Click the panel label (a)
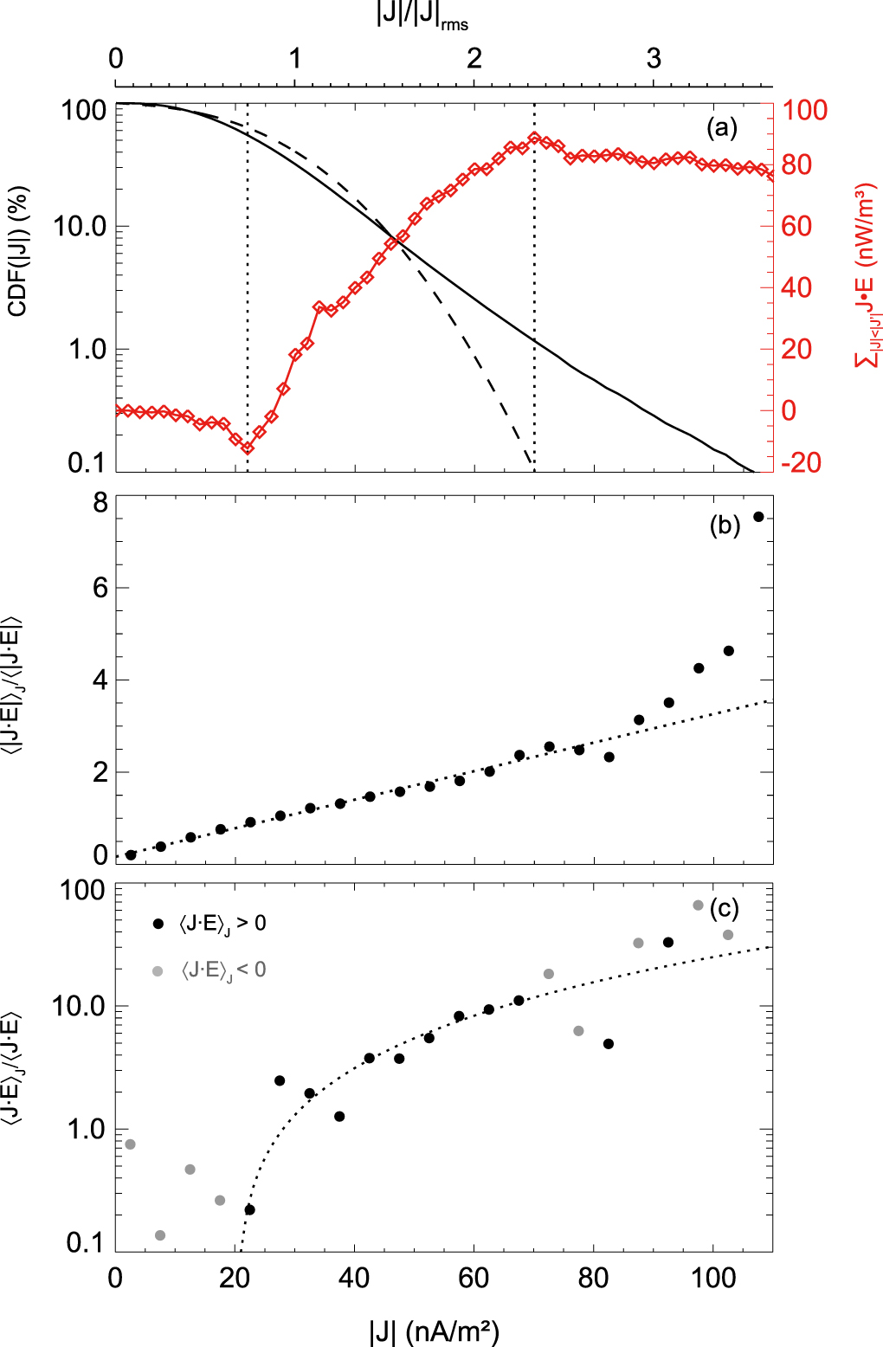[x=722, y=128]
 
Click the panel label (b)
[x=725, y=525]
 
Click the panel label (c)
[x=724, y=908]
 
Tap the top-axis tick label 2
[x=474, y=58]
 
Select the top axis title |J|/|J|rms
[x=422, y=16]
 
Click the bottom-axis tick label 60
[x=474, y=1278]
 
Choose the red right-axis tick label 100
[x=805, y=110]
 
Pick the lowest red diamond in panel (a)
[x=248, y=448]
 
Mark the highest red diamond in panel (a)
[x=534, y=138]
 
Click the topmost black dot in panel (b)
[x=758, y=517]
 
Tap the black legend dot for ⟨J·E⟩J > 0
[x=158, y=924]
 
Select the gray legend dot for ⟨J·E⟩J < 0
[x=158, y=971]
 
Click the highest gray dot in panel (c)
[x=699, y=906]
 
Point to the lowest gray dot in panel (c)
[x=160, y=1235]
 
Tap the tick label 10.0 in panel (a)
[x=79, y=227]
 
